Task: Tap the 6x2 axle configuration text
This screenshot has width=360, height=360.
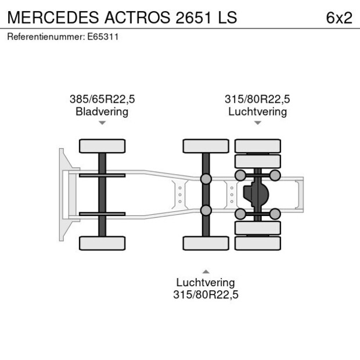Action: click(339, 17)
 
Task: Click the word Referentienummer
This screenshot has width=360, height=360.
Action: click(45, 37)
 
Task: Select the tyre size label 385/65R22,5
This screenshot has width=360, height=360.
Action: click(102, 99)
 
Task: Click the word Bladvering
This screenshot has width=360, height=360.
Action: click(102, 111)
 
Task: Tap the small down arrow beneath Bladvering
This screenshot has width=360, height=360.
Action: click(102, 123)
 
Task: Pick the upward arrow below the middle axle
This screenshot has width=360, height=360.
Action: click(206, 271)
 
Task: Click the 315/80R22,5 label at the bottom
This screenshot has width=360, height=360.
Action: click(206, 294)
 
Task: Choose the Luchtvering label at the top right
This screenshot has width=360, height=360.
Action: click(257, 111)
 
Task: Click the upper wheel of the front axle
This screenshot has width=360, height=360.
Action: click(102, 146)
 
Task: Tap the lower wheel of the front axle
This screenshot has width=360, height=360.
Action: click(102, 243)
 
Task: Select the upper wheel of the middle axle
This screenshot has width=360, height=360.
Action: click(206, 146)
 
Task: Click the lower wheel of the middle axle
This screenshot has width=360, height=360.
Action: click(206, 243)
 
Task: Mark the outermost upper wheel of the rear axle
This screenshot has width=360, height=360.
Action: click(257, 146)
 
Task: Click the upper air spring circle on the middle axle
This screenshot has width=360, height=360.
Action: click(206, 178)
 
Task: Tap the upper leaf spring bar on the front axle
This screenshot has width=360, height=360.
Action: click(102, 175)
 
